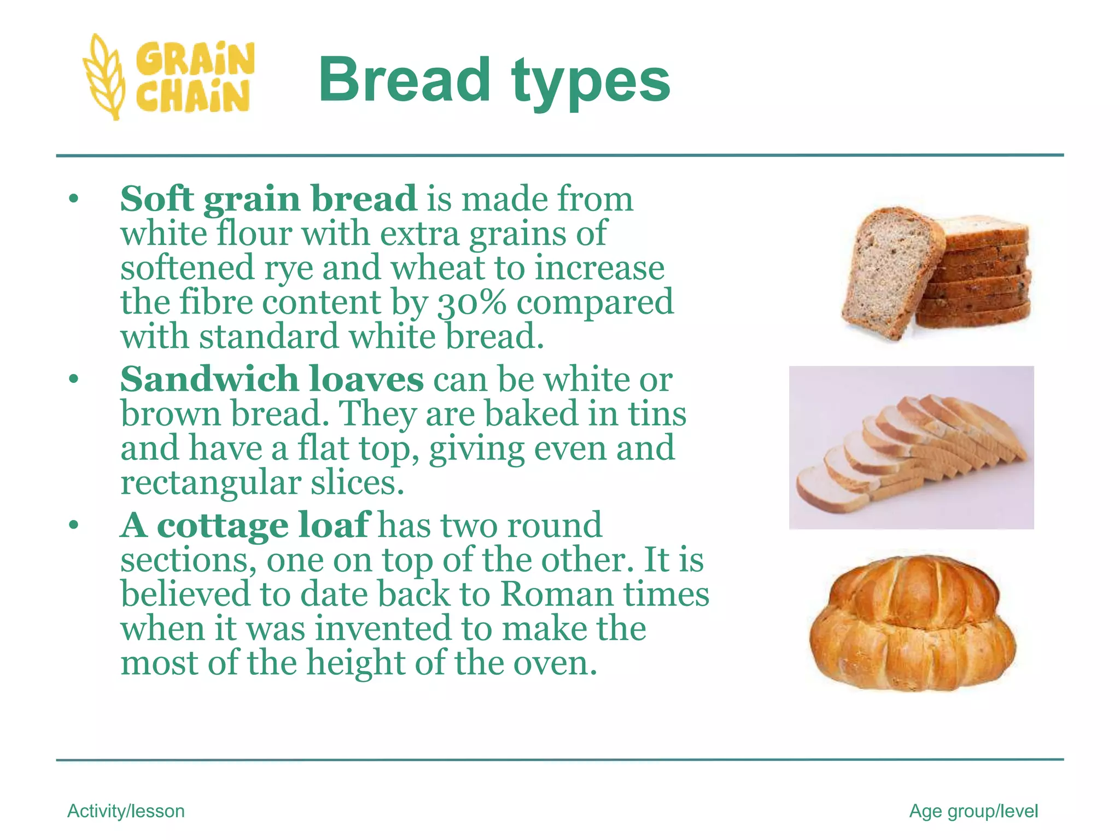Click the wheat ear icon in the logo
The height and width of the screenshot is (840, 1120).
point(104,77)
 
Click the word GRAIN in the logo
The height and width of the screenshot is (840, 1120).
point(195,59)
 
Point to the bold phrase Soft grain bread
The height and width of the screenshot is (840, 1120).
point(268,198)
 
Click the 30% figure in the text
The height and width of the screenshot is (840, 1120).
point(471,302)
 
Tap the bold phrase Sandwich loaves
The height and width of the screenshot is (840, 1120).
point(272,378)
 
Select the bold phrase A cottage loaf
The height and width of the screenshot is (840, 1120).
point(245,525)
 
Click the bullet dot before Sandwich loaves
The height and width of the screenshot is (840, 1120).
point(74,379)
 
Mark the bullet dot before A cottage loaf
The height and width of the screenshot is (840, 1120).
point(74,526)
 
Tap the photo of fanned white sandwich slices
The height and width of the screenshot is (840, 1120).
point(911,447)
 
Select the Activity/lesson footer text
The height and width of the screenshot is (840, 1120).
point(126,811)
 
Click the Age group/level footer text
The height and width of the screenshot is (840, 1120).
point(973,811)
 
